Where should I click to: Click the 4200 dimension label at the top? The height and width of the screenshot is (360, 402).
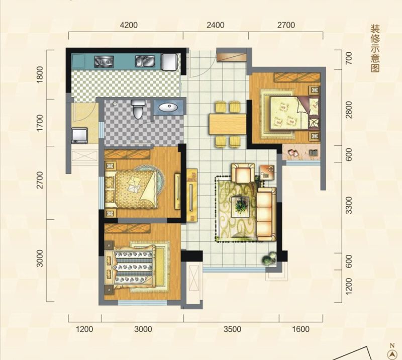pos(129,25)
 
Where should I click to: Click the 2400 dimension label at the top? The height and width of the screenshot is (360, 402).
pos(216,25)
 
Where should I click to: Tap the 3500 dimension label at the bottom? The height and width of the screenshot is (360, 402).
pos(232,329)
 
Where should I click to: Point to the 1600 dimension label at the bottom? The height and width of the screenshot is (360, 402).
pos(300,329)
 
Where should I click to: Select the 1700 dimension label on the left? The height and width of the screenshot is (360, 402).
pos(40,123)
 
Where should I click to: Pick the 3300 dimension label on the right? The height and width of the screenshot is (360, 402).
pos(349,205)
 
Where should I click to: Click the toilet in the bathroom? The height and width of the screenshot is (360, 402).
pos(138,109)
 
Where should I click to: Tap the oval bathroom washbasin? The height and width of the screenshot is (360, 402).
pos(168,107)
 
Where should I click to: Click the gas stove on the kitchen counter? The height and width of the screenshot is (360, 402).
pos(104,61)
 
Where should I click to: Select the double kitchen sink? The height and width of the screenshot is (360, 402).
pos(145,61)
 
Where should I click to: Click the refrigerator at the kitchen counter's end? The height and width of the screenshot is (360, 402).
pos(169,62)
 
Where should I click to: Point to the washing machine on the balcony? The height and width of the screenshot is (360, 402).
pos(80,135)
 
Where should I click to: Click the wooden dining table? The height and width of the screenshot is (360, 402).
pos(228,125)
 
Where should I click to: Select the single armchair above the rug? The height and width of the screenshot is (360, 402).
pos(243,173)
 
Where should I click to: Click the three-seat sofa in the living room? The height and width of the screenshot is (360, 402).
pos(267,214)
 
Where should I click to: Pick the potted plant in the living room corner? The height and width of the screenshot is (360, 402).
pos(269,258)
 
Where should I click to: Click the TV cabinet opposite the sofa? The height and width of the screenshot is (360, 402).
pos(192,195)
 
